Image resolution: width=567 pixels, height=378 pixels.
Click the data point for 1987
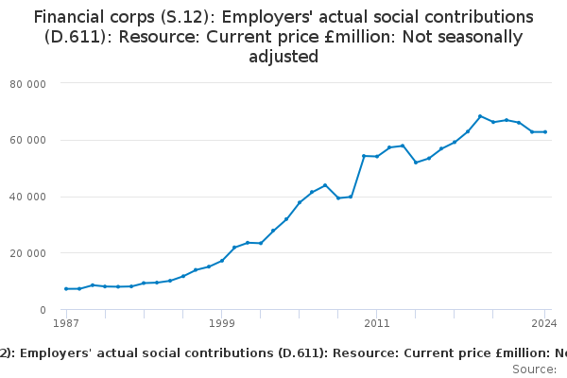pyautogui.click(x=66, y=289)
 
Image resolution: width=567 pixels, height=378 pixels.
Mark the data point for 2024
pyautogui.click(x=545, y=131)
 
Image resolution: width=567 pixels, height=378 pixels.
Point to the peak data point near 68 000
pyautogui.click(x=480, y=116)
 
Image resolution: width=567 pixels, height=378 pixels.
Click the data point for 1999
pyautogui.click(x=221, y=261)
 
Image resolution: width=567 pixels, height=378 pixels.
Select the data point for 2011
pyautogui.click(x=376, y=156)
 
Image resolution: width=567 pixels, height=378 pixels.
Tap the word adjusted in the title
pyautogui.click(x=283, y=57)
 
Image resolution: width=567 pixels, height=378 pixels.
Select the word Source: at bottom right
pyautogui.click(x=534, y=369)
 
